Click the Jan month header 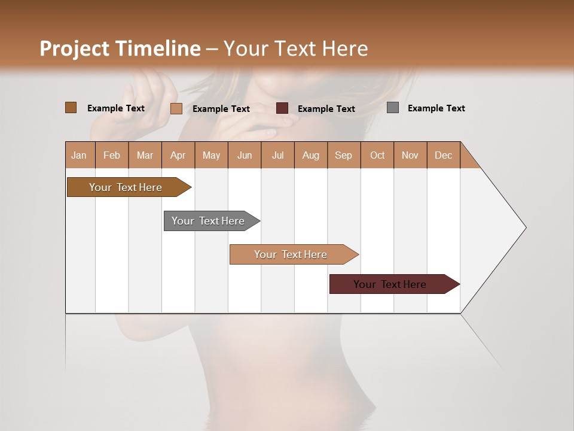[80, 155]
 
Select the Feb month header [112, 155]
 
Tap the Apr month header [178, 155]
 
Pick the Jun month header [245, 155]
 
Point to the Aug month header [311, 155]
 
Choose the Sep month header [344, 155]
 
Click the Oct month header [377, 155]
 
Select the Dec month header [444, 155]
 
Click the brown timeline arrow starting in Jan [126, 187]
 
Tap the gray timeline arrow [209, 221]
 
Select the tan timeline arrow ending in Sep [291, 254]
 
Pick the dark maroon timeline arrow [390, 284]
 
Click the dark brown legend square [71, 108]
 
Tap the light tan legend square [176, 108]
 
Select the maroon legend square [282, 108]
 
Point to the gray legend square [393, 108]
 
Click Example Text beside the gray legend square [436, 108]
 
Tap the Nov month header [410, 155]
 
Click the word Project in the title [74, 48]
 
